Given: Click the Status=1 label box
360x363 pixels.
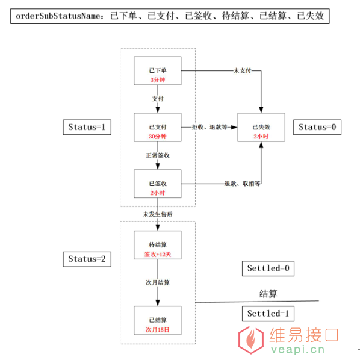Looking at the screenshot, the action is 87,127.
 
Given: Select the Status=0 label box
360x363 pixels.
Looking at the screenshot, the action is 317,127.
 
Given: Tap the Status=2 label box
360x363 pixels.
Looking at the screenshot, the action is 87,259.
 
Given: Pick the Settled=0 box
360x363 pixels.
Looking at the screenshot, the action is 268,268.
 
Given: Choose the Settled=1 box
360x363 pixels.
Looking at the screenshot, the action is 268,314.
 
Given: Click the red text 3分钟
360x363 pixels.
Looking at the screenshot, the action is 158,80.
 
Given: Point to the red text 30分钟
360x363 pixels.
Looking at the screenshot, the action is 158,137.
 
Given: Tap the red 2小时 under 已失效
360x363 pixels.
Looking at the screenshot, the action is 261,137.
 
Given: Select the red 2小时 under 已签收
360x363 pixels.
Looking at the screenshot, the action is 158,193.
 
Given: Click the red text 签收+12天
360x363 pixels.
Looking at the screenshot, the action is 158,255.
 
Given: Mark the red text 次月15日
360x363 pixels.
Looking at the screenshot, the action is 158,329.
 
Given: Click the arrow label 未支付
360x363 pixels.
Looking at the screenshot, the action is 242,70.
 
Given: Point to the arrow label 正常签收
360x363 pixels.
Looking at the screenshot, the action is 158,155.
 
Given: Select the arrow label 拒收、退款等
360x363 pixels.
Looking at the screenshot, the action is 209,127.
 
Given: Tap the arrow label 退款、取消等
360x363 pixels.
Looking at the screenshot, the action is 242,184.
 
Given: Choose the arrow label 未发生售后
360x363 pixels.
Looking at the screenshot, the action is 158,214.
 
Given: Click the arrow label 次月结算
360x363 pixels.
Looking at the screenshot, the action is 158,282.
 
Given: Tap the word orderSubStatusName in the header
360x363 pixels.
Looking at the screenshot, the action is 58,16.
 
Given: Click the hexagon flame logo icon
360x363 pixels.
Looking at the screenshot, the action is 251,340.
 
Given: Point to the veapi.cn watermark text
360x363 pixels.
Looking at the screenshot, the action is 297,349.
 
